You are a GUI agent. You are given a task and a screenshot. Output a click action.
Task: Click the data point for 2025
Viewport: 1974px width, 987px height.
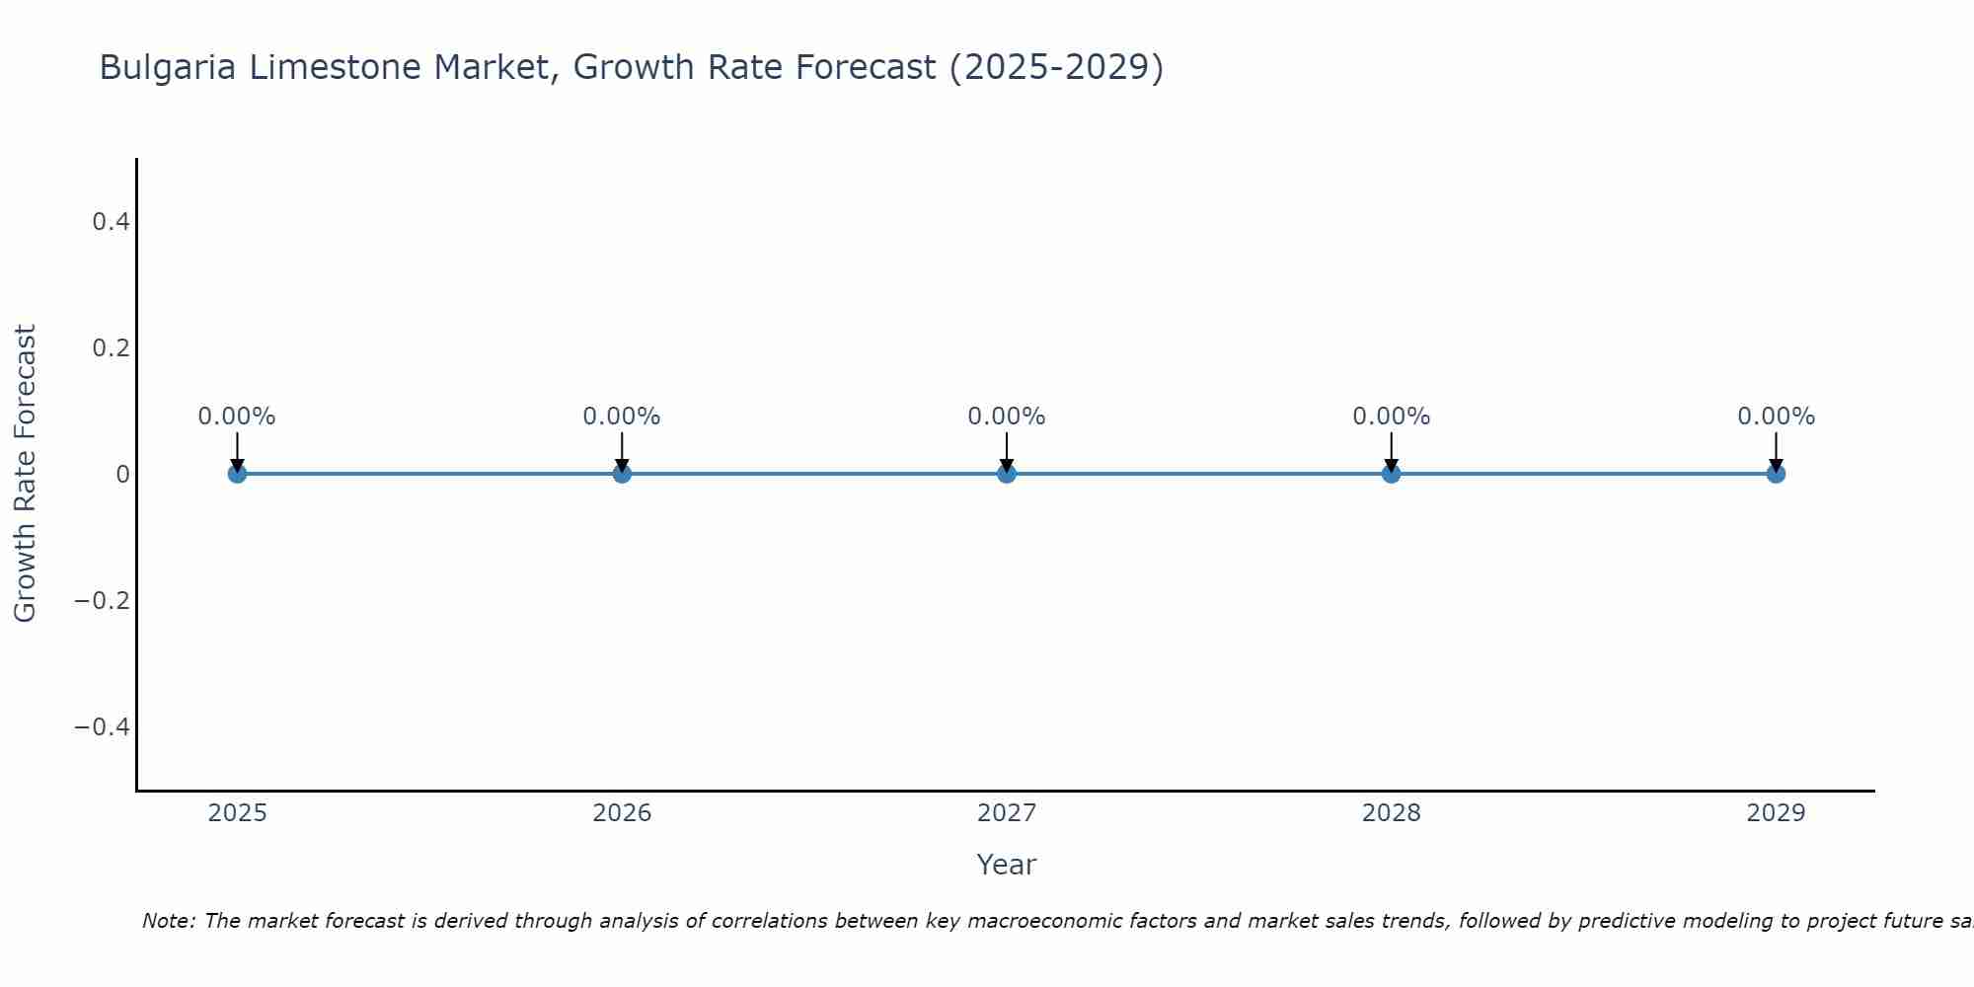[x=237, y=474]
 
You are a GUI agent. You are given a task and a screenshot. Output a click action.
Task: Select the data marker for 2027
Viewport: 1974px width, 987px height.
[x=1006, y=474]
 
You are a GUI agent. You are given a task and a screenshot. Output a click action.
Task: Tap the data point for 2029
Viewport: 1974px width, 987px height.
[x=1776, y=474]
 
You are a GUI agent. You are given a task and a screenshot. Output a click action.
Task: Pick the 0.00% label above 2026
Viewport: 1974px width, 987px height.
[x=621, y=417]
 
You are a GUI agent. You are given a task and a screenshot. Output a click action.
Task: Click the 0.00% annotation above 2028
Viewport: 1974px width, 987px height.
[x=1391, y=417]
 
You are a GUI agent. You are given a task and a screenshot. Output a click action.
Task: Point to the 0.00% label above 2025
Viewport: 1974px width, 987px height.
[x=237, y=417]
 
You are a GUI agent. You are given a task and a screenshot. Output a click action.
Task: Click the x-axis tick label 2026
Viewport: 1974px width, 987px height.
[x=622, y=813]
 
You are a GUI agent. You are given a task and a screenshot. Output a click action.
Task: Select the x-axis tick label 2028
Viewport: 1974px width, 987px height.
[x=1391, y=813]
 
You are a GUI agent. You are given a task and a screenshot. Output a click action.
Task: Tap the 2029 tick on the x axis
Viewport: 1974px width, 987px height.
[x=1776, y=813]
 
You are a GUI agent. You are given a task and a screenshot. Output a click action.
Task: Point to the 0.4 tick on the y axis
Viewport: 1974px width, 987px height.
[x=111, y=222]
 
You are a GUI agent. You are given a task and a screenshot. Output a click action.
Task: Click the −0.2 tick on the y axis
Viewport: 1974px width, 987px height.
[x=103, y=601]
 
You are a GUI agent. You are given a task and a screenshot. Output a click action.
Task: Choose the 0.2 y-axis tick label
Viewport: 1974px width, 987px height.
[x=111, y=348]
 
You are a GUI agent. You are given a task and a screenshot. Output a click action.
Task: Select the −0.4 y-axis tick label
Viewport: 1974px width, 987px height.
[x=103, y=727]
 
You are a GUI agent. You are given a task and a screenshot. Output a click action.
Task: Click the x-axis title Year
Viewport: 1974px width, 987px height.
[x=1006, y=865]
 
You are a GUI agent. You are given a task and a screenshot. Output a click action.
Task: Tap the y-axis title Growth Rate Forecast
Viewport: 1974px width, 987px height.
[x=26, y=474]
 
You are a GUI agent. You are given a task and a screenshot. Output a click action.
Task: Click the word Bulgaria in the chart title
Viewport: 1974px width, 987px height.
[x=168, y=68]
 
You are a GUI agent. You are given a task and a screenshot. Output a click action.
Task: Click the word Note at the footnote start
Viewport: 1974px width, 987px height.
[x=168, y=921]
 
